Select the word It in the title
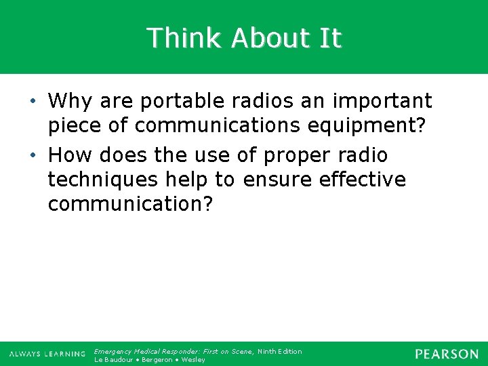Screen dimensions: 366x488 click(x=330, y=38)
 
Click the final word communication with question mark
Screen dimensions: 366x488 click(x=130, y=203)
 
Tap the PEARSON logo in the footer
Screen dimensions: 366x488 click(x=447, y=354)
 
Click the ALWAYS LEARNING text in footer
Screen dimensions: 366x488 click(x=47, y=354)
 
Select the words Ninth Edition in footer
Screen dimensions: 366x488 click(x=280, y=351)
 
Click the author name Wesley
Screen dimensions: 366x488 click(x=193, y=360)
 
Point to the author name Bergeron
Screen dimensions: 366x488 click(x=158, y=360)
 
